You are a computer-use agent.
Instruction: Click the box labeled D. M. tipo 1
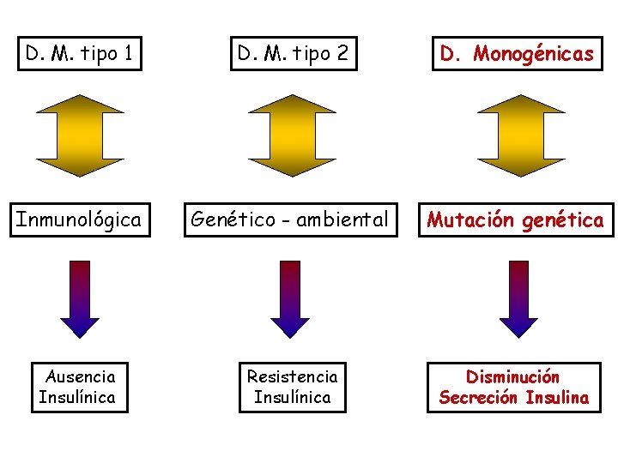[79, 54]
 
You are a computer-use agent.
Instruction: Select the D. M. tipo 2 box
[294, 54]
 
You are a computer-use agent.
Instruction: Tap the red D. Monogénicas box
[517, 54]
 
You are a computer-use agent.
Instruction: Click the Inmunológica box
[78, 219]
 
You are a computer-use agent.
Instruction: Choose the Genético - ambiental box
[289, 219]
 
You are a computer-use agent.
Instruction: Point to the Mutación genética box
[516, 220]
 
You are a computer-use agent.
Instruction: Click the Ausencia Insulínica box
[80, 387]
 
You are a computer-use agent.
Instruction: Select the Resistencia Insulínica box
[293, 387]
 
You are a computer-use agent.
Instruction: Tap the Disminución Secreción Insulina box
[514, 387]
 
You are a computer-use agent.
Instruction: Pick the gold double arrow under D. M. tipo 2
[293, 135]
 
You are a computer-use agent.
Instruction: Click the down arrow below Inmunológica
[80, 299]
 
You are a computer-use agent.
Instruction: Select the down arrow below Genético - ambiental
[290, 299]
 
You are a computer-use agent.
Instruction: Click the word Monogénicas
[533, 54]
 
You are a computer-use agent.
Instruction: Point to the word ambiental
[340, 219]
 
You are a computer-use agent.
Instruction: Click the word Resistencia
[293, 376]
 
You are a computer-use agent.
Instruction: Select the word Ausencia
[80, 376]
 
